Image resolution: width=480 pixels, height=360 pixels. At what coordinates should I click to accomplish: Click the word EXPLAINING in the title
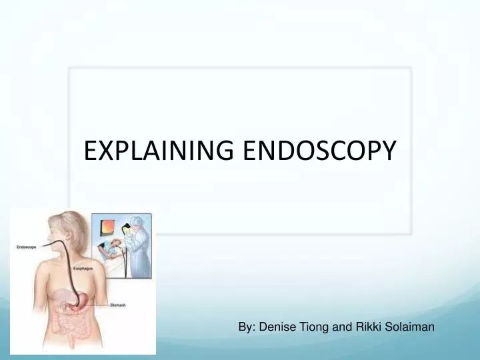click(158, 151)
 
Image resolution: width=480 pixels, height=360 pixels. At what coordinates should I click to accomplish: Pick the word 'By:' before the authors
click(248, 327)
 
